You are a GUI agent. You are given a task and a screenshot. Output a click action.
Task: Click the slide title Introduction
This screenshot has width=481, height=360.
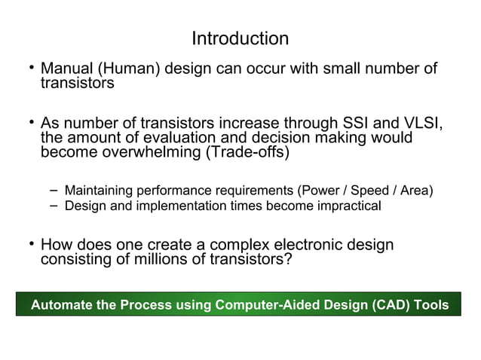(240, 38)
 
